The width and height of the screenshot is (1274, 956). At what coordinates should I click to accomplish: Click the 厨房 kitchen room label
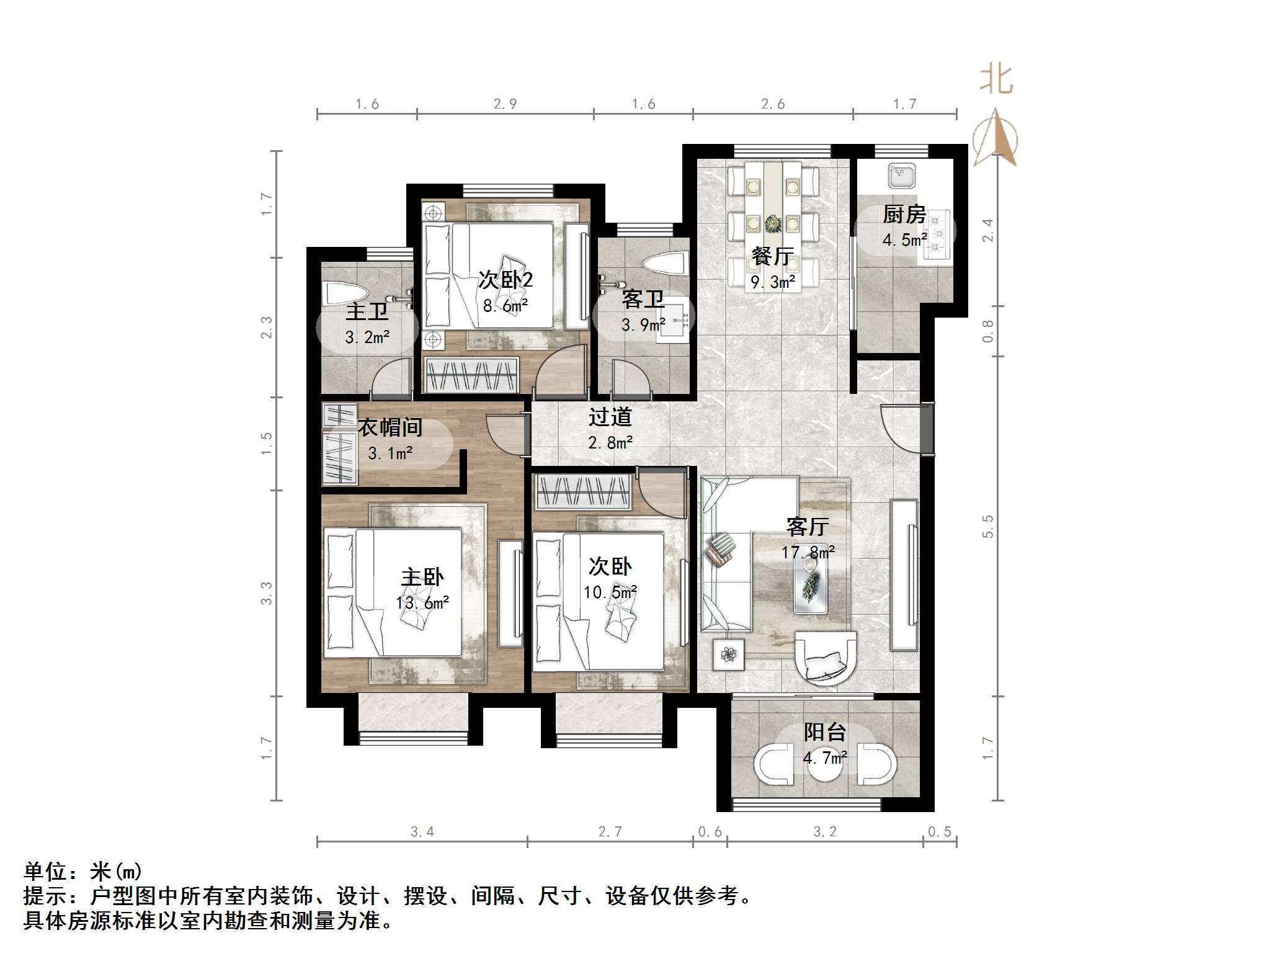point(904,215)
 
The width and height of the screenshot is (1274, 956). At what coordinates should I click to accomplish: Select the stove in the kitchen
point(937,235)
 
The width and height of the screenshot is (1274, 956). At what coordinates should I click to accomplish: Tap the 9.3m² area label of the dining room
point(773,283)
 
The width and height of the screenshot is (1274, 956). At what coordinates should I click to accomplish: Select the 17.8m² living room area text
point(808,552)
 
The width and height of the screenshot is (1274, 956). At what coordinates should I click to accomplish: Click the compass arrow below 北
point(996,138)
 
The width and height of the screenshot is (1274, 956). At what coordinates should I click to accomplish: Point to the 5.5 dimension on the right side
point(988,526)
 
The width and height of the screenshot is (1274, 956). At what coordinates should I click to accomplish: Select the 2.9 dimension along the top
point(505,104)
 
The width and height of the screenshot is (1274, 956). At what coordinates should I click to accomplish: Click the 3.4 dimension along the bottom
point(422,832)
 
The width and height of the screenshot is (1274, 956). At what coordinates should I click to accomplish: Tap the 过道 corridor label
point(610,417)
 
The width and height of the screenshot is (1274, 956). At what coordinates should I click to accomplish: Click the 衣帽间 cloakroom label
point(390,427)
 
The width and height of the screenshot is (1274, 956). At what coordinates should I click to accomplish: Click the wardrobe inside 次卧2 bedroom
point(472,375)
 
